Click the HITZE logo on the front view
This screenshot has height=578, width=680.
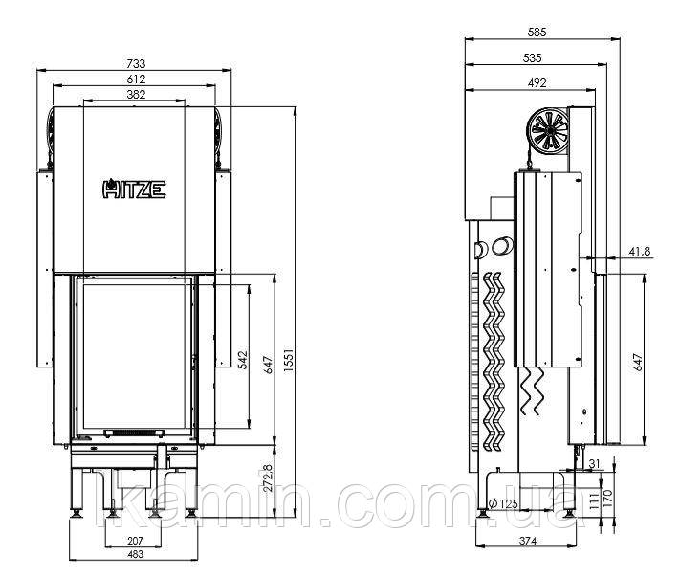tap(134, 189)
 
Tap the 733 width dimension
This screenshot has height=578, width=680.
tap(136, 64)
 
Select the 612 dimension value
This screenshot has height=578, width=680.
tap(136, 79)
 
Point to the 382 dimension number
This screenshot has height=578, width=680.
tap(136, 94)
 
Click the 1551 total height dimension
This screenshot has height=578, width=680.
tap(289, 360)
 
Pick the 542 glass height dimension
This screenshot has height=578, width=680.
tap(243, 360)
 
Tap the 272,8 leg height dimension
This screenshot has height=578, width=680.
tap(268, 478)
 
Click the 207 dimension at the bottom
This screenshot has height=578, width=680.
tap(135, 541)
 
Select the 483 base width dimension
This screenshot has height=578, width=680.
tap(135, 554)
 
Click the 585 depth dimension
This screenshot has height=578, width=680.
tap(537, 33)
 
